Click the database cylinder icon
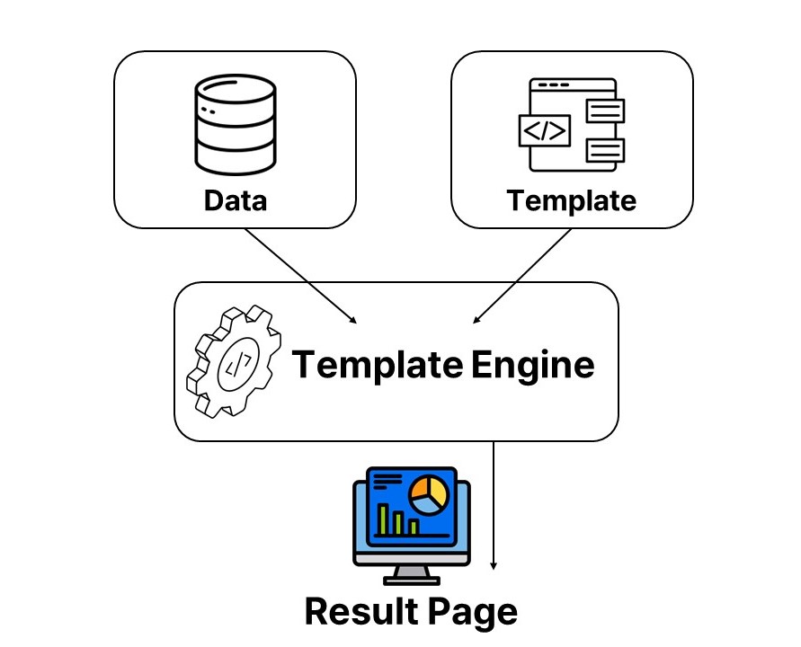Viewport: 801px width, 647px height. (235, 126)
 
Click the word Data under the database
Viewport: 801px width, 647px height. (236, 199)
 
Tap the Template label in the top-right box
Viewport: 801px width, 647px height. (571, 199)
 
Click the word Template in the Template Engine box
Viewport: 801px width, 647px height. (378, 365)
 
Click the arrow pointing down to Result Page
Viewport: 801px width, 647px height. (494, 503)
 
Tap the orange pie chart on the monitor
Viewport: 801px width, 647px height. (428, 493)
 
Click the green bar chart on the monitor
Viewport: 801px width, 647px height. (396, 518)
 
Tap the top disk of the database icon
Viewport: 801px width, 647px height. (235, 91)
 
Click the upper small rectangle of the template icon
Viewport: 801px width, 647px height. (605, 111)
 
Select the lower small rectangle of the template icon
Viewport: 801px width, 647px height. (605, 149)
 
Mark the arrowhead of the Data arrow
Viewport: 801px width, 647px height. (355, 320)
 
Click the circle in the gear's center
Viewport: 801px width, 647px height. (236, 363)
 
